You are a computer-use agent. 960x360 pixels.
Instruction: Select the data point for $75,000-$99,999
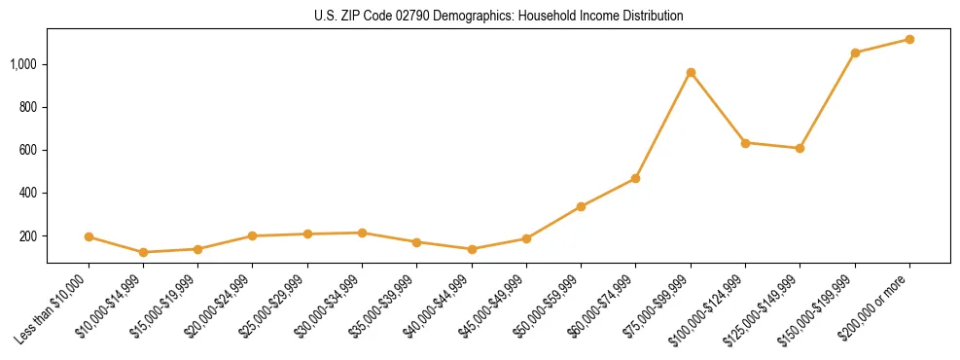coord(691,72)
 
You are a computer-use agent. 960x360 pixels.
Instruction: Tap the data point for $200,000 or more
coord(909,39)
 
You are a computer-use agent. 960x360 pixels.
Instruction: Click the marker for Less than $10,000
coord(89,236)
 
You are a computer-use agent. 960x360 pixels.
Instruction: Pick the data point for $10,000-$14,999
coord(143,252)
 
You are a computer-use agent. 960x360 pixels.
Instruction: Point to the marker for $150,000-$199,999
coord(855,53)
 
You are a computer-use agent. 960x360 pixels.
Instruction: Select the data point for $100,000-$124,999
coord(745,143)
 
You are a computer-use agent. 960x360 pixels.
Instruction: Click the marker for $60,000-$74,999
coord(635,178)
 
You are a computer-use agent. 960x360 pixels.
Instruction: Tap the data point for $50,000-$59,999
coord(581,206)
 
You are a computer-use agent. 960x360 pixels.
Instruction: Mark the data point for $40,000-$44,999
coord(472,249)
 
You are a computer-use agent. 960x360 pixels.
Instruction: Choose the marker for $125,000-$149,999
coord(800,148)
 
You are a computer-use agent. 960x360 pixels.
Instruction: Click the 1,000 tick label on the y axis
coord(24,64)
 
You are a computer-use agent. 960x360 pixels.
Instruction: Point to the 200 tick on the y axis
coord(29,236)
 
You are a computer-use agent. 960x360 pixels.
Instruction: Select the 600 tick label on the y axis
coord(29,150)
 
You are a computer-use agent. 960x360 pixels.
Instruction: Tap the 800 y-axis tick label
coord(29,107)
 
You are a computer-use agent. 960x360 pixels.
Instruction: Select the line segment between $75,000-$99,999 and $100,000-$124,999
coord(718,108)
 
